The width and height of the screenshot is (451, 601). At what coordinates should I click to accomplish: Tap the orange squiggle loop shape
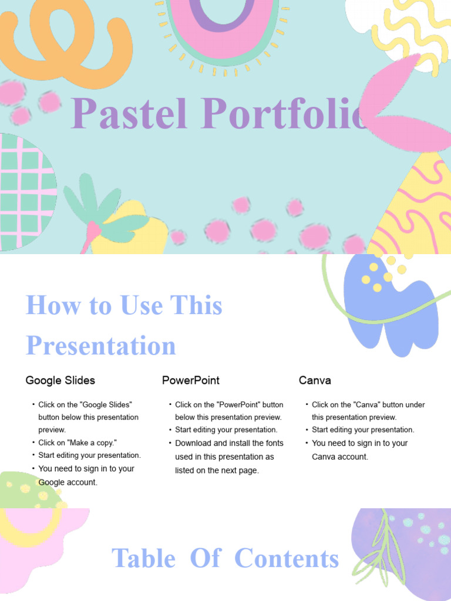[x=65, y=41]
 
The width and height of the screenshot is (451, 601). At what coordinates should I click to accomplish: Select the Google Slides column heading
[x=60, y=380]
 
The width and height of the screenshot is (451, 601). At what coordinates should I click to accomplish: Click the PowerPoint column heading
[x=191, y=380]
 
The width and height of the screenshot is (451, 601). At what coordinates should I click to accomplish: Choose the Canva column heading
[x=315, y=380]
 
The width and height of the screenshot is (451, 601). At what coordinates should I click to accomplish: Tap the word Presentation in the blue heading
[x=101, y=346]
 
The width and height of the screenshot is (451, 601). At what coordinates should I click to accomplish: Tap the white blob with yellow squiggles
[x=405, y=29]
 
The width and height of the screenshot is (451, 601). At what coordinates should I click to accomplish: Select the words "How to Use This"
[x=124, y=306]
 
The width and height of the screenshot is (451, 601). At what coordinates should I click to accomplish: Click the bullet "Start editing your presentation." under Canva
[x=363, y=430]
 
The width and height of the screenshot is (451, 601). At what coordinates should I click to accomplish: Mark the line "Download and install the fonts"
[x=229, y=443]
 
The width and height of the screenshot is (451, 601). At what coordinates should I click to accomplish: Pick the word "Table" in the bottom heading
[x=143, y=559]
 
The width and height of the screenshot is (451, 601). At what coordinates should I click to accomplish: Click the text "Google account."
[x=68, y=482]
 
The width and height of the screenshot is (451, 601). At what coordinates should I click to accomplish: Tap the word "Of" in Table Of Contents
[x=205, y=559]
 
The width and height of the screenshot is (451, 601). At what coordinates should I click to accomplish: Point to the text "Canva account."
[x=340, y=457]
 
